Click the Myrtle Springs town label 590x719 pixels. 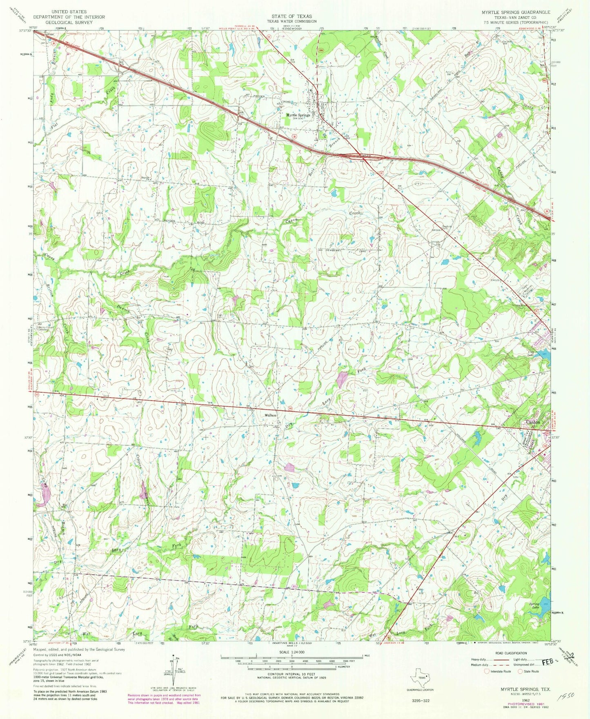(298, 116)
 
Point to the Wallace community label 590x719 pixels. (271, 415)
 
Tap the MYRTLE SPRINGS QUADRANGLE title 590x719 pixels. (516, 13)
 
